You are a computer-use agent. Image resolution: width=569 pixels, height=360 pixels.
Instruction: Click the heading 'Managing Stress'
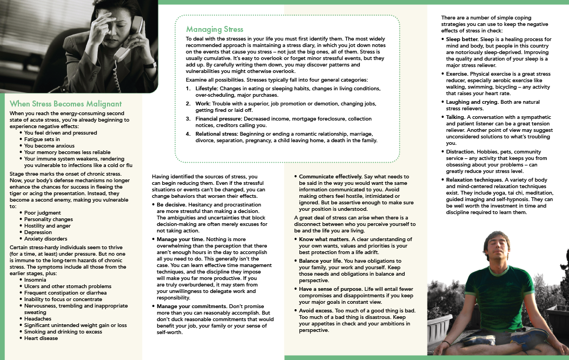[215, 29]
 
